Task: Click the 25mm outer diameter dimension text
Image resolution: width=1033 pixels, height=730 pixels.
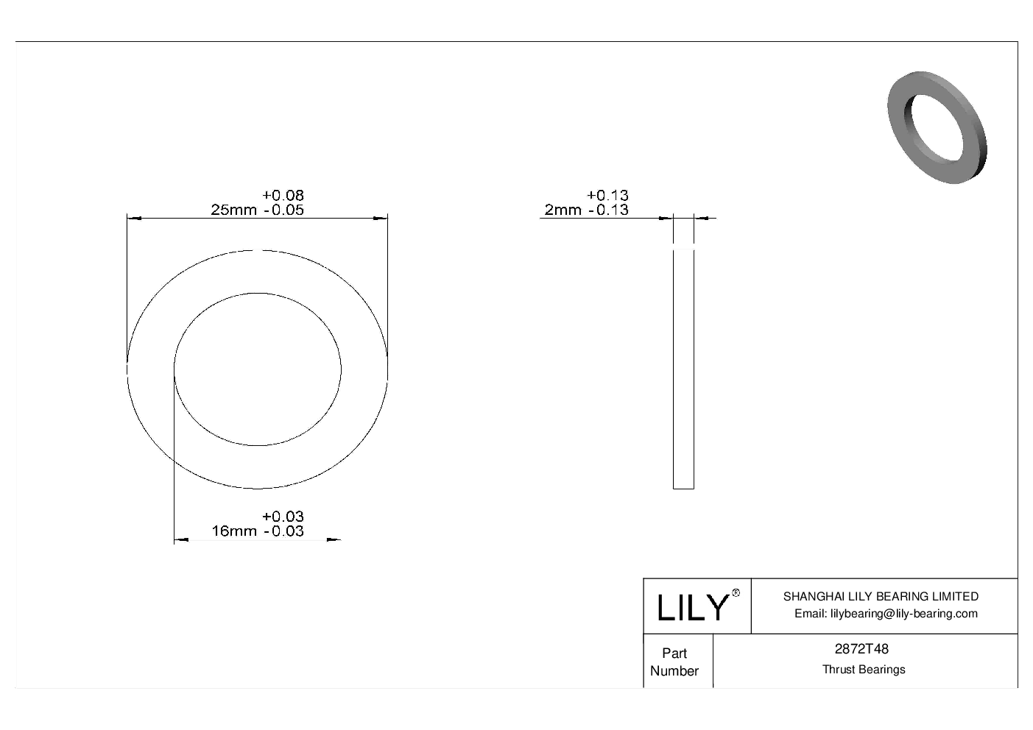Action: (x=233, y=210)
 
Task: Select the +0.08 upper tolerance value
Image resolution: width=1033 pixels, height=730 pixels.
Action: (x=283, y=195)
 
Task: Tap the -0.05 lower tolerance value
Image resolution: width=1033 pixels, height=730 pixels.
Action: (x=283, y=210)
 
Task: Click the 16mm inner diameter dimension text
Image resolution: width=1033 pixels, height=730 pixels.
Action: (x=233, y=531)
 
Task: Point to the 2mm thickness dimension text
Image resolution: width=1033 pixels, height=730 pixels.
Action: (x=563, y=210)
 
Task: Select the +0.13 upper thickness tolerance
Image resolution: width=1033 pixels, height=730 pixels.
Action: (x=607, y=195)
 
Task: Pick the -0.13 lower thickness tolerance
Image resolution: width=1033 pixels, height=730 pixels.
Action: (x=608, y=210)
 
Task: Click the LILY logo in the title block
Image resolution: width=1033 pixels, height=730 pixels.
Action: (x=692, y=607)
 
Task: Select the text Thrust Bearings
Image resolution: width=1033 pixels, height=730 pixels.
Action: (x=864, y=670)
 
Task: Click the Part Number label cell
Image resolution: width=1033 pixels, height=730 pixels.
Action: (x=674, y=662)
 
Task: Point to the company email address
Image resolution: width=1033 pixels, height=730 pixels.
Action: (x=886, y=614)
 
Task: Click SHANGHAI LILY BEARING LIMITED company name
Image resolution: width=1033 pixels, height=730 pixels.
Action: (x=881, y=596)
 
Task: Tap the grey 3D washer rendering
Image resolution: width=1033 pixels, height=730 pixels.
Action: (x=937, y=127)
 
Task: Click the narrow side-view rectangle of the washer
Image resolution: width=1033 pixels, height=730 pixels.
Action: (x=683, y=368)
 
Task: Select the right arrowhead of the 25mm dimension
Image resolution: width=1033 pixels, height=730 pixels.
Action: (x=381, y=218)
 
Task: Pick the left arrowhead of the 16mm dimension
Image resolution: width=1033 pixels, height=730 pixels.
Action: (x=181, y=541)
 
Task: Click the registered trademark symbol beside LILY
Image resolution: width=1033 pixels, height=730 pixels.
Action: (x=736, y=593)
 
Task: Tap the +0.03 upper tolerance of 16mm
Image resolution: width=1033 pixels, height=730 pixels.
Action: (x=283, y=517)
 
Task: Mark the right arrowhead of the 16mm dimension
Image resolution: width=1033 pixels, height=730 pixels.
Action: (x=334, y=541)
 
